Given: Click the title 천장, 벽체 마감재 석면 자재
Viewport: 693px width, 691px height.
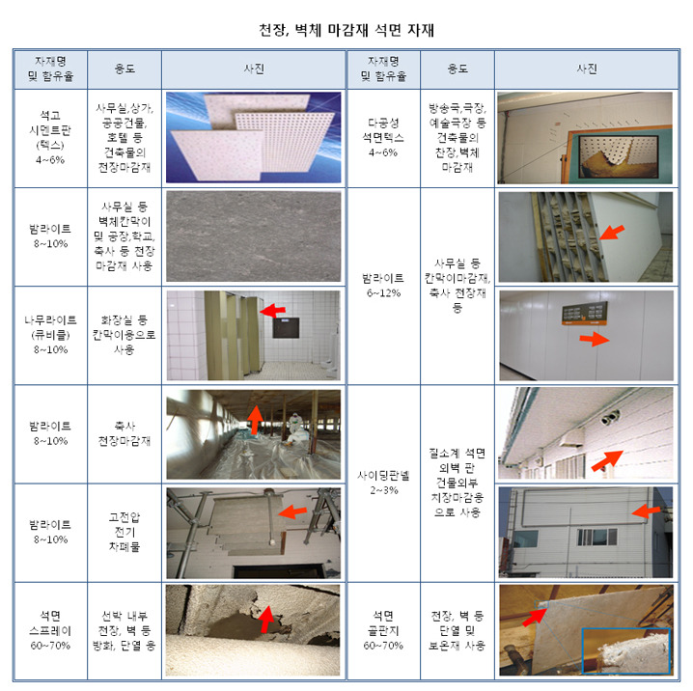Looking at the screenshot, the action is pos(346,30).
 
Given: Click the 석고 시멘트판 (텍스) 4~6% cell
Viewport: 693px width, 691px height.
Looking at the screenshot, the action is pos(50,138).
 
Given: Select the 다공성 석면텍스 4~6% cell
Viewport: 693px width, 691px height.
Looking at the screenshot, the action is pos(383,138).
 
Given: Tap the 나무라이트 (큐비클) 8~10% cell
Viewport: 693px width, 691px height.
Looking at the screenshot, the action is pos(50,335).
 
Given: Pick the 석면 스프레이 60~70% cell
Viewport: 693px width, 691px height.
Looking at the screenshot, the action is pos(50,631).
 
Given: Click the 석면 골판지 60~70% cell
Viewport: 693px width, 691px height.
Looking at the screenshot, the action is pos(383,631).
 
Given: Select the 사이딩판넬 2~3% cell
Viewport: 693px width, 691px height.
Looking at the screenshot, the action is pos(383,483).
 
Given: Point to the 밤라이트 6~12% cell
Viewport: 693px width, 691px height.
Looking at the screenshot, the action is pos(383,286).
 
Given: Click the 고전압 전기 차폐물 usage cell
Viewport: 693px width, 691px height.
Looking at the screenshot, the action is pos(125,532).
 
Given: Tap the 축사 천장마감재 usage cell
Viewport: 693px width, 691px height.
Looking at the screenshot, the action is pos(125,433).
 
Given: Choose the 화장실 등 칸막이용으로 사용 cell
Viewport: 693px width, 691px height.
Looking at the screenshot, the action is pos(125,335).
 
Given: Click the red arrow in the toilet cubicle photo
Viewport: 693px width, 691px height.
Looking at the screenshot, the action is pos(272,311).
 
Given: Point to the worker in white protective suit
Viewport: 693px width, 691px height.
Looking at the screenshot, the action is pos(294,428).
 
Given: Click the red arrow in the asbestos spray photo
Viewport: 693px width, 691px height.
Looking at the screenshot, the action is pos(266,619).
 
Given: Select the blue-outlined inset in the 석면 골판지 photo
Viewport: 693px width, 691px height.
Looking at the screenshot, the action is pos(625,650).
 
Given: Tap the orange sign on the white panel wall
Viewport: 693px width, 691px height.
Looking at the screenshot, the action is pos(584,314).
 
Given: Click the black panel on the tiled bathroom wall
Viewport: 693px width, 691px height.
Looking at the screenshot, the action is pos(286,328).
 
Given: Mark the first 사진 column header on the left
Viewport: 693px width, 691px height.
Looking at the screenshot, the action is pos(254,69).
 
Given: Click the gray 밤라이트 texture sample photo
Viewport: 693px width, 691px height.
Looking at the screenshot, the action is pos(254,236).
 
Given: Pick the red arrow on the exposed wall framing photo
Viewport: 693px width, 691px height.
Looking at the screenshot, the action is pos(612,233).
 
